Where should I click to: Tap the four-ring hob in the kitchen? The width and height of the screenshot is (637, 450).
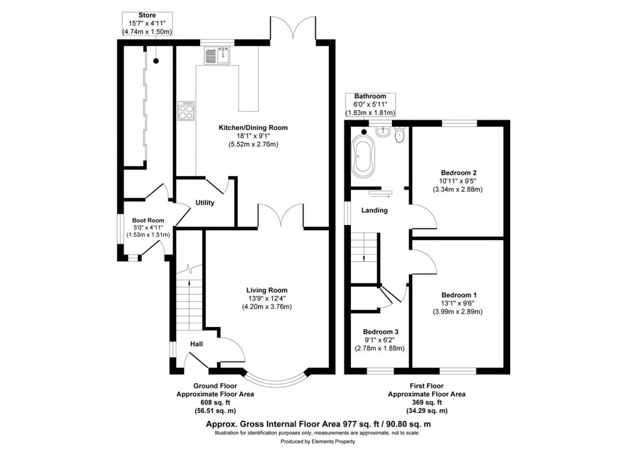tap(185, 111)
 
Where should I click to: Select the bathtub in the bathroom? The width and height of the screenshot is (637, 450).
tap(361, 156)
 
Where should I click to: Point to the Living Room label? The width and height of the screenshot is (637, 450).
tap(266, 290)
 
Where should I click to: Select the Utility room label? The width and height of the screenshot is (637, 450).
tap(205, 203)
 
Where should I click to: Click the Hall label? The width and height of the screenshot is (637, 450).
tap(197, 343)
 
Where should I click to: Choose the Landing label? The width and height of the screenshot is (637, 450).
tap(374, 210)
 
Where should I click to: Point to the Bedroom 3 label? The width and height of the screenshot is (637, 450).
tap(380, 331)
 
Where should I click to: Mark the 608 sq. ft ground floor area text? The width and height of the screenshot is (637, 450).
tap(206, 403)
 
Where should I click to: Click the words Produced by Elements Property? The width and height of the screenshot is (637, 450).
tap(318, 442)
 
